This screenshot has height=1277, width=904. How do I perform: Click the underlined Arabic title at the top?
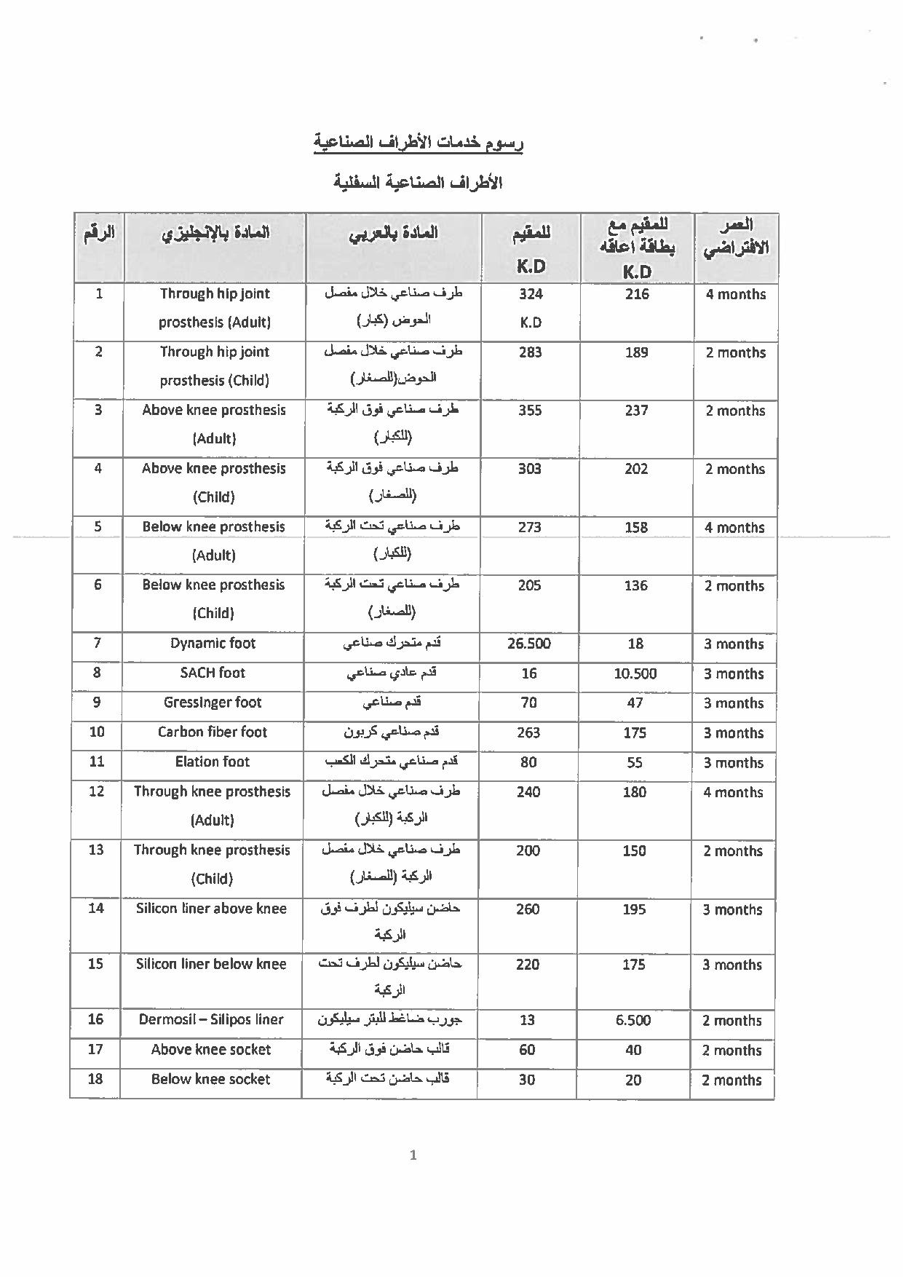pyautogui.click(x=419, y=142)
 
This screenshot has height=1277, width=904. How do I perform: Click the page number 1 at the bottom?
pyautogui.click(x=413, y=1155)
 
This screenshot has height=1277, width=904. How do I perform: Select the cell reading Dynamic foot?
pyautogui.click(x=213, y=644)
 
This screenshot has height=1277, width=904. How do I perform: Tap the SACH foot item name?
pyautogui.click(x=213, y=673)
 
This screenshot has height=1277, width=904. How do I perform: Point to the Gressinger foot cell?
pyautogui.click(x=213, y=703)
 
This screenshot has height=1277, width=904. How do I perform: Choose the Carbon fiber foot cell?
pyautogui.click(x=213, y=732)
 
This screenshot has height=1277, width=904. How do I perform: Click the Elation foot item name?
pyautogui.click(x=213, y=762)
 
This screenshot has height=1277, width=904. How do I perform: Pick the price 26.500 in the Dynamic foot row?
pyautogui.click(x=529, y=644)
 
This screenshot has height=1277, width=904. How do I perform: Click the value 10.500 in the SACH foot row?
pyautogui.click(x=635, y=673)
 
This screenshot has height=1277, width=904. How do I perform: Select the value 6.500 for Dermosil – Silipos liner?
pyautogui.click(x=633, y=1020)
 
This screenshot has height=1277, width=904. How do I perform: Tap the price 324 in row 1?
pyautogui.click(x=531, y=294)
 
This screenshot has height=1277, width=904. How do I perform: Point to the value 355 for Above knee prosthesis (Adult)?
pyautogui.click(x=530, y=411)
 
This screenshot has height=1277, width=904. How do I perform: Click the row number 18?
pyautogui.click(x=95, y=1079)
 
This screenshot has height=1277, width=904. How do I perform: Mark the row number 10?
pyautogui.click(x=97, y=732)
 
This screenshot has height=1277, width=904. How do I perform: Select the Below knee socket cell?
pyautogui.click(x=211, y=1080)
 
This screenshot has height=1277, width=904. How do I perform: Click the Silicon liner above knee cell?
pyautogui.click(x=211, y=909)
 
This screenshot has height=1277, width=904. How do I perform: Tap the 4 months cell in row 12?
pyautogui.click(x=733, y=793)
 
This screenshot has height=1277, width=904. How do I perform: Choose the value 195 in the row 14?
pyautogui.click(x=634, y=909)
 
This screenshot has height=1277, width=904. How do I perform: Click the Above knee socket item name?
pyautogui.click(x=211, y=1050)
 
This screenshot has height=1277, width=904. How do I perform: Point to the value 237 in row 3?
pyautogui.click(x=636, y=411)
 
